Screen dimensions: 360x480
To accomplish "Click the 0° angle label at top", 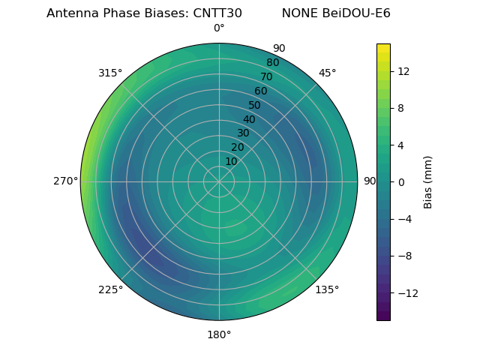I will [x=219, y=28].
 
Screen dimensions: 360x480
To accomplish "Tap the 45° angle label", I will [x=327, y=73].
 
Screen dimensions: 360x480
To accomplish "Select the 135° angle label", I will [x=327, y=289].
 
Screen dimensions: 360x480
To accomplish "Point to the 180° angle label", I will [x=219, y=334].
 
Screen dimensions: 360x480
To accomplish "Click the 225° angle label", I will [x=110, y=289].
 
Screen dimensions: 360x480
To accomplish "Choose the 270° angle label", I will [x=65, y=181].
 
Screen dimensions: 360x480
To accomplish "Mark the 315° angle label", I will [x=110, y=73].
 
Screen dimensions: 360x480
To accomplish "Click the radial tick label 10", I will [x=231, y=161].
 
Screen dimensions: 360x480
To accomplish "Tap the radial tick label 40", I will [x=249, y=119].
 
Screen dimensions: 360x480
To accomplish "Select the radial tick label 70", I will [x=266, y=76].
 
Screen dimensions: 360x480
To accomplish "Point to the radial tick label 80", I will [x=272, y=63].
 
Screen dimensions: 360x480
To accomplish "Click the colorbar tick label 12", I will [x=403, y=71].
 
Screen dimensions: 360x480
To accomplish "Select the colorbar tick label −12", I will [x=406, y=292].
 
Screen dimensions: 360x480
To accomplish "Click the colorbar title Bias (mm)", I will [x=428, y=181].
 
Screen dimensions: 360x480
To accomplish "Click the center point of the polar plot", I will [x=219, y=181].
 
